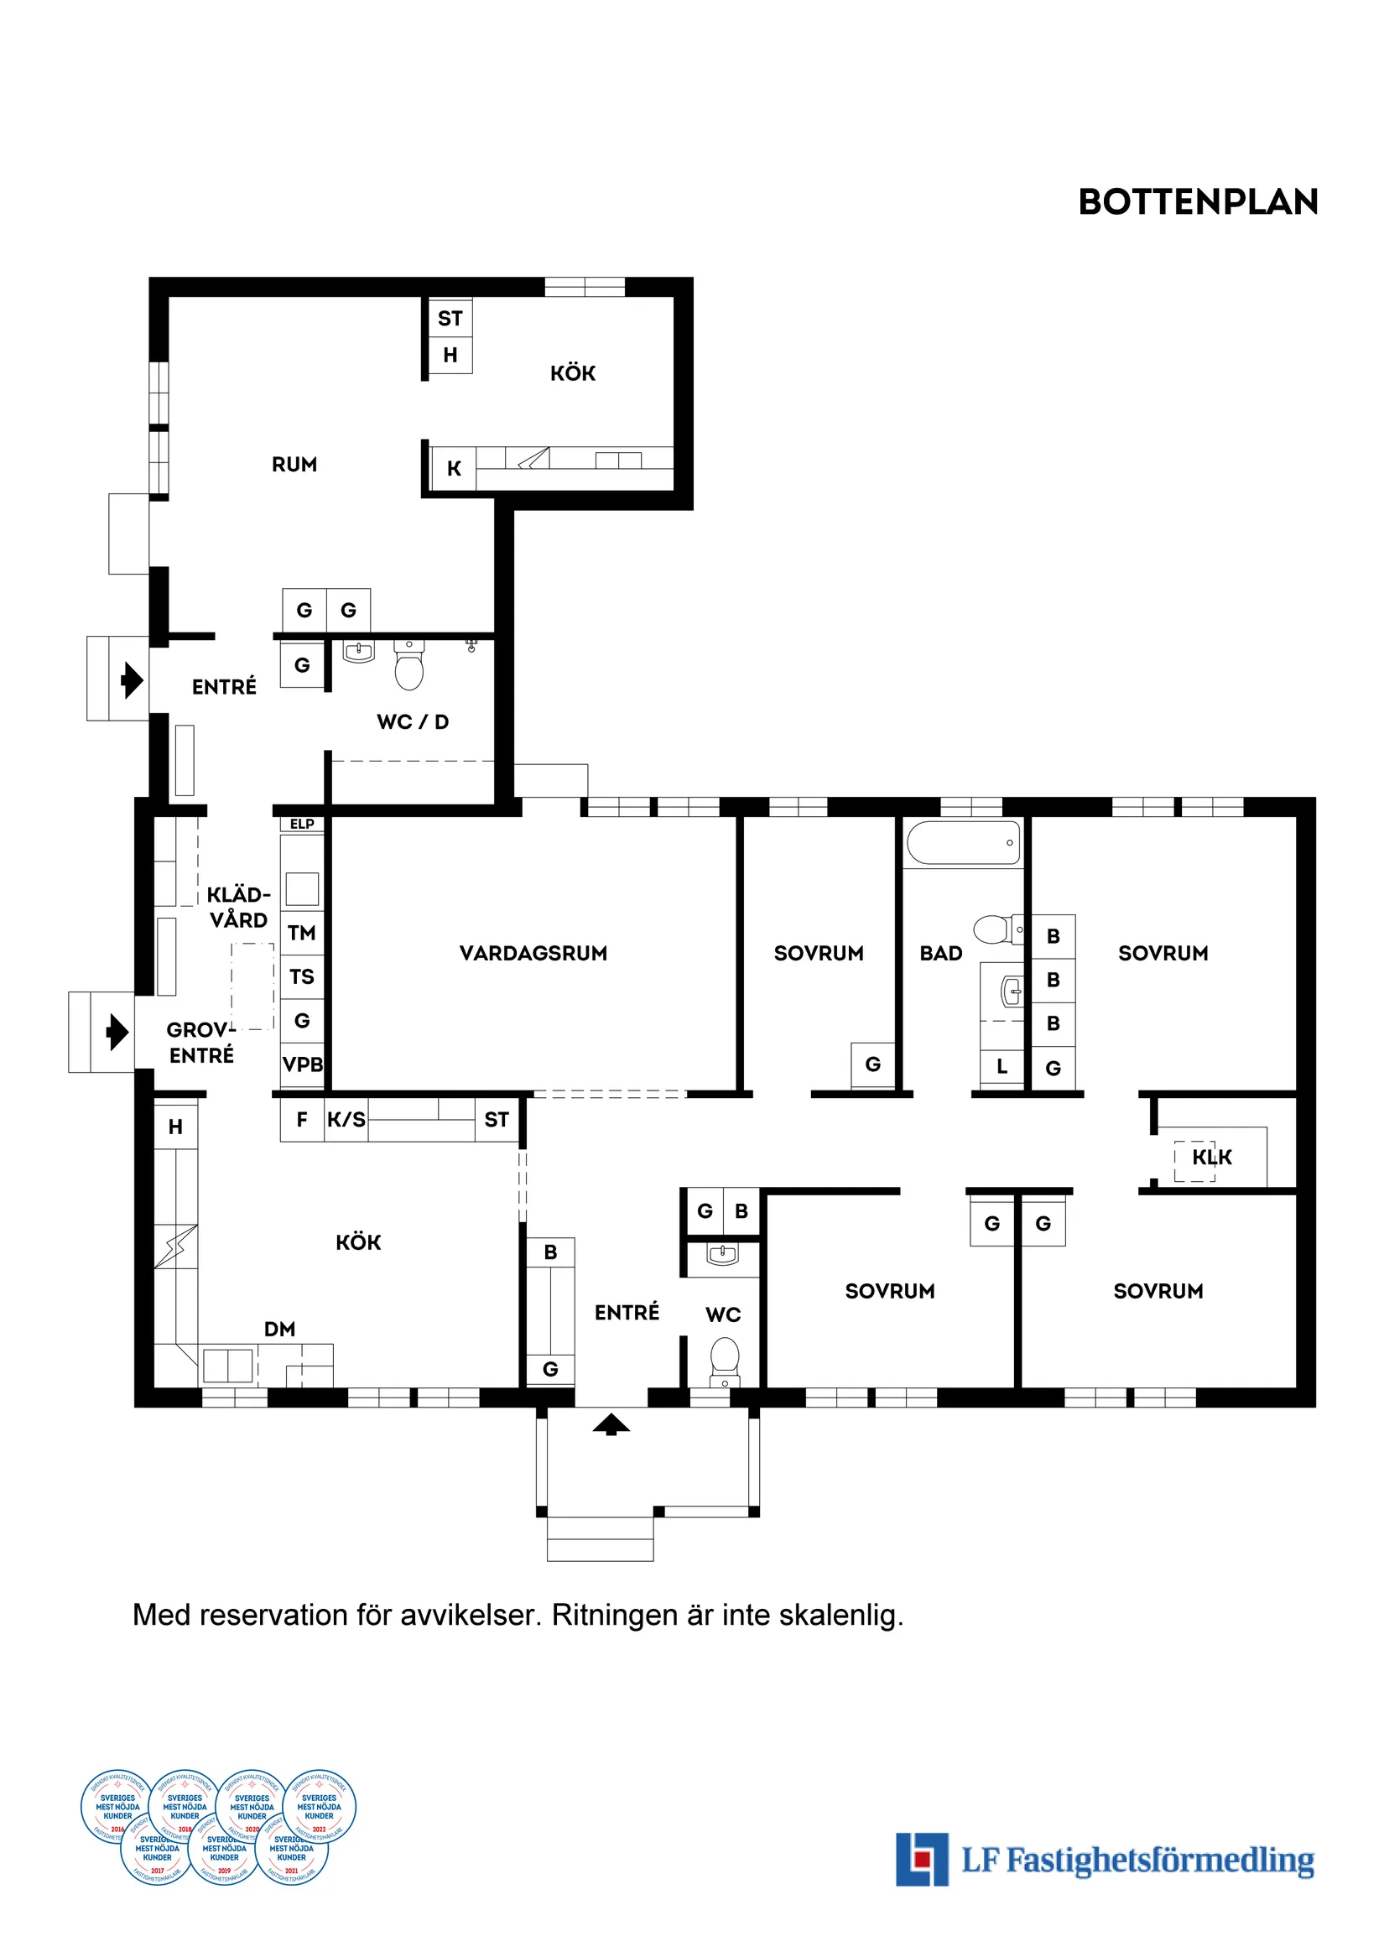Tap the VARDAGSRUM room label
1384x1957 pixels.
(533, 953)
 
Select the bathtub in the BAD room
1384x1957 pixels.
(963, 843)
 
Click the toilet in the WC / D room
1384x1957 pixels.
(409, 668)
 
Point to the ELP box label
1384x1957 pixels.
(302, 824)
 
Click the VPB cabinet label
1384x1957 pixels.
(303, 1064)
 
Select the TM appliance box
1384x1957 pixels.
(302, 933)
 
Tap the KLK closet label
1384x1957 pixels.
(1211, 1158)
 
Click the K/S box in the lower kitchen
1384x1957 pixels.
(346, 1120)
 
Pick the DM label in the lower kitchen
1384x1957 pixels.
(279, 1329)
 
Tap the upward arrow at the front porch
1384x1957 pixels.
(611, 1423)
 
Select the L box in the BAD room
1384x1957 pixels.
(1002, 1066)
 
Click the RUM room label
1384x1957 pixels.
(294, 465)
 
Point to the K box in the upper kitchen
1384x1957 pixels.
(454, 469)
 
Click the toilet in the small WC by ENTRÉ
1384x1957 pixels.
(725, 1358)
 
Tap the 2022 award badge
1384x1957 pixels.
(319, 1805)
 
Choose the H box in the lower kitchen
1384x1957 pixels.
(175, 1127)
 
